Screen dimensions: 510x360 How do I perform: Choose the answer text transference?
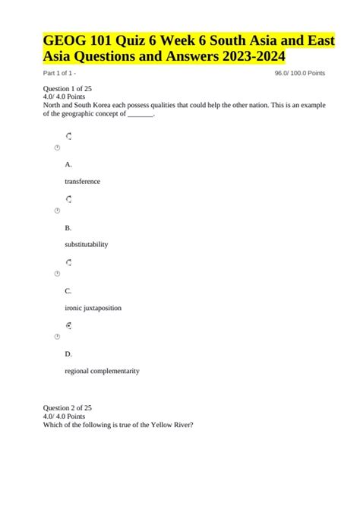pos(83,182)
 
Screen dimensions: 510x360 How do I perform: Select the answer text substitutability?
pos(87,245)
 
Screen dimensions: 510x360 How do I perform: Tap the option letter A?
pos(68,164)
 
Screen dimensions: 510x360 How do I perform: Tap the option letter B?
pos(68,227)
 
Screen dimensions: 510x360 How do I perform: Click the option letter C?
pos(68,290)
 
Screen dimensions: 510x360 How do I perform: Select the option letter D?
pos(68,353)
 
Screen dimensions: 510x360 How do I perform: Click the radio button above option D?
pos(68,325)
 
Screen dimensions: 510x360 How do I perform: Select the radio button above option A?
pos(68,136)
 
